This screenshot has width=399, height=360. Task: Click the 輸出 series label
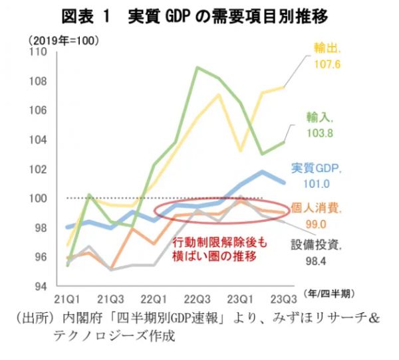[x=328, y=48]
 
